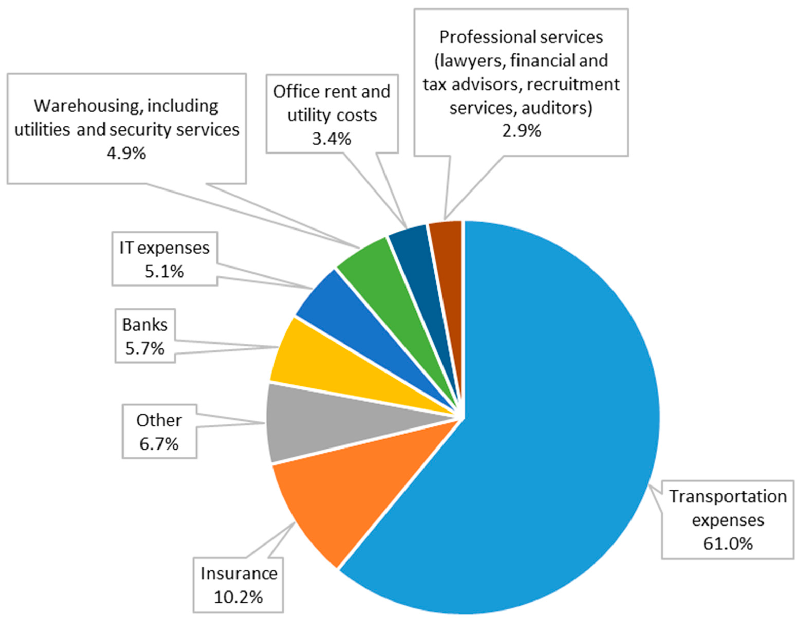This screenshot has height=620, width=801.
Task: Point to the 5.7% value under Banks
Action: [x=145, y=348]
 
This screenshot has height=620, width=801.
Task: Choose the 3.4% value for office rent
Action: [x=332, y=139]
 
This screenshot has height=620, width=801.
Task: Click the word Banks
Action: [x=145, y=325]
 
